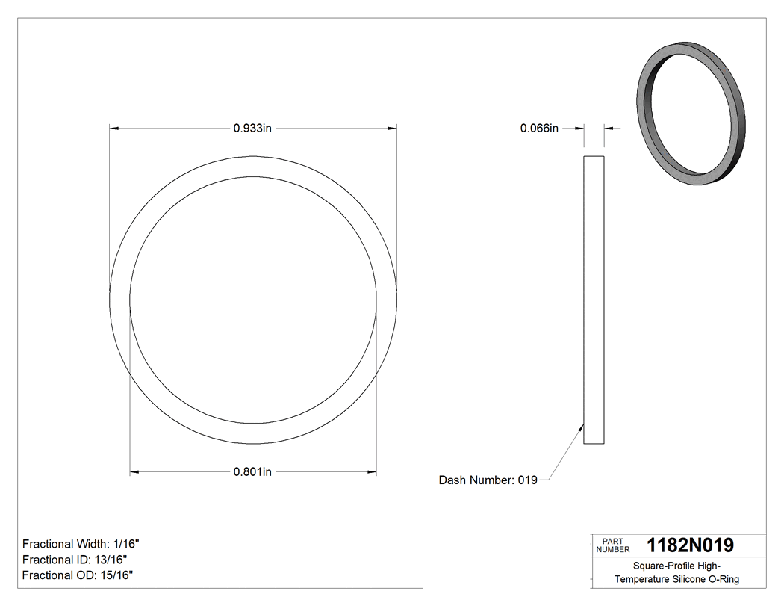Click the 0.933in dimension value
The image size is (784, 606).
point(252,129)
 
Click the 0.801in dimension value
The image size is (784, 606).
point(252,471)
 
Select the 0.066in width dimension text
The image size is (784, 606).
point(539,129)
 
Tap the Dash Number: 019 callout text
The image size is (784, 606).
point(488,480)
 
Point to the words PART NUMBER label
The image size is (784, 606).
point(613,545)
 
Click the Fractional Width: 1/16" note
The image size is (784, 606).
point(81,544)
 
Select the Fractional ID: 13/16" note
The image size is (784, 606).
point(75,560)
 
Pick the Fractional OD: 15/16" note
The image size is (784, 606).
point(78,575)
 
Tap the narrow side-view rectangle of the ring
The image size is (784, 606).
point(594,300)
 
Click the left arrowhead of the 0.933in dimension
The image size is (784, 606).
point(113,129)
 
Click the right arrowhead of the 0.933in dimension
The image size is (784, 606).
point(392,129)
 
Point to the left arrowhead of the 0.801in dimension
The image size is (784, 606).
point(134,471)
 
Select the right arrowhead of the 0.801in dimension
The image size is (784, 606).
point(371,471)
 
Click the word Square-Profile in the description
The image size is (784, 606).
point(660,566)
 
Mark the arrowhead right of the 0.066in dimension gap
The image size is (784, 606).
point(608,129)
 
